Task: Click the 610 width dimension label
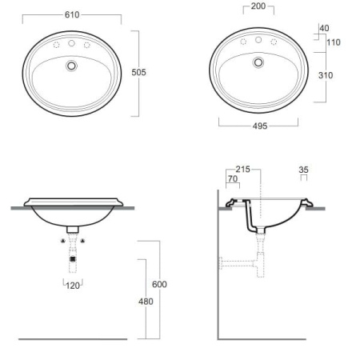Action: point(72,14)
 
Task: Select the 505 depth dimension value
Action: point(138,72)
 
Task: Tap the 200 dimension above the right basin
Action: point(258,6)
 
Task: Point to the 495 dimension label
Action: point(260,126)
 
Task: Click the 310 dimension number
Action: point(326,75)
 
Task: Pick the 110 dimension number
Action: point(334,42)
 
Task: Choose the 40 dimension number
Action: point(324,28)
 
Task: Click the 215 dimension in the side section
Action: point(242,169)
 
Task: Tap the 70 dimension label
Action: point(233,178)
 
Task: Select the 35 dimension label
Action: point(303,170)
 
